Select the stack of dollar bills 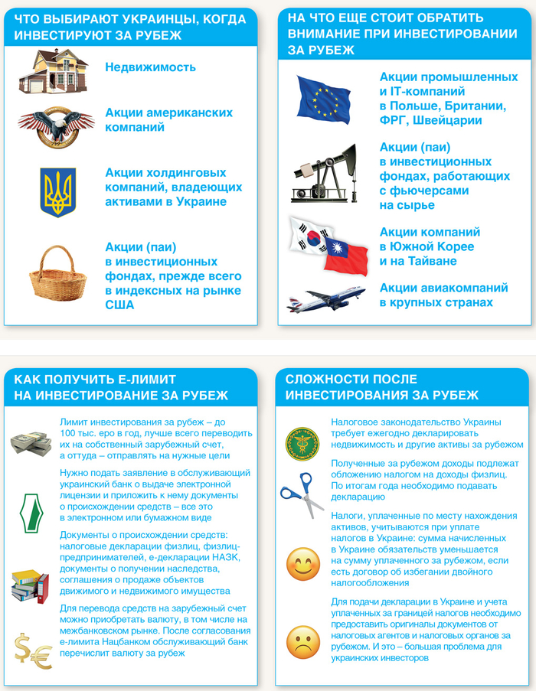point(30,443)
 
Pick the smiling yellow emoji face point(302,565)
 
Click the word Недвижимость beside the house point(151,67)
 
